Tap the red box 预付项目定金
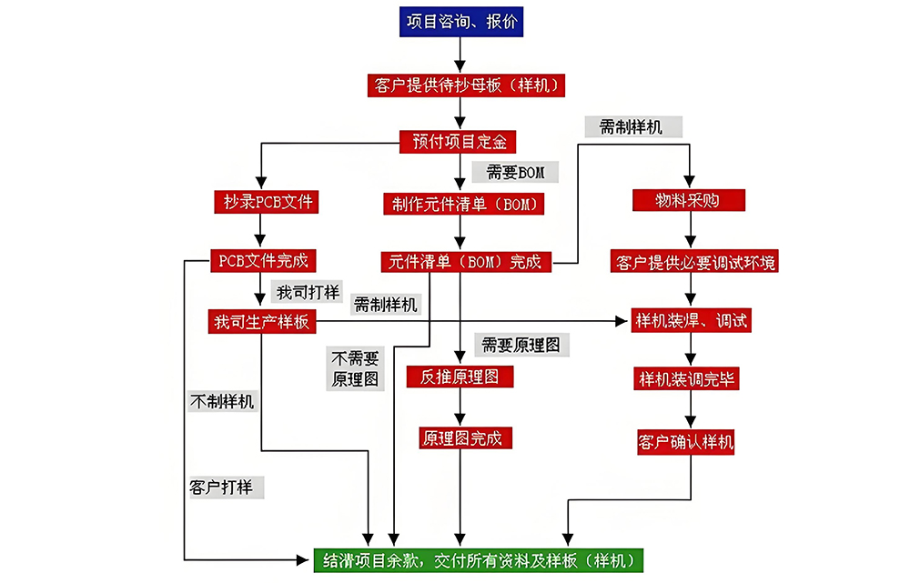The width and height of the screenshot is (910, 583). click(459, 141)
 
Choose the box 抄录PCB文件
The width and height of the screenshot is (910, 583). click(264, 201)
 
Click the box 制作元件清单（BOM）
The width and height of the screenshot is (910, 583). click(464, 204)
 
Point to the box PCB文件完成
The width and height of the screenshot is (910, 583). click(263, 261)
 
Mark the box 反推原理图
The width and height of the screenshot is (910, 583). click(460, 377)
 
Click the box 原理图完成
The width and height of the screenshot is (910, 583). click(460, 437)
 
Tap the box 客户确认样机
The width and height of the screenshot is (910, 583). click(685, 443)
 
